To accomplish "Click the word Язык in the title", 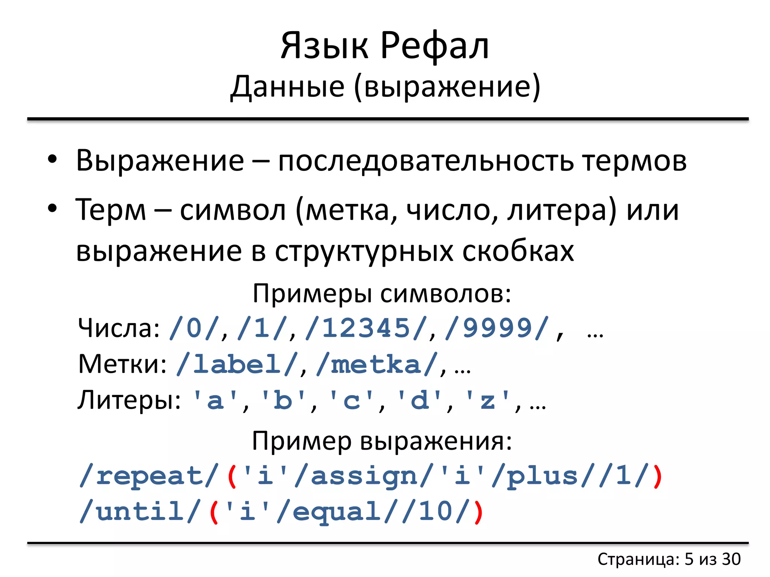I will coord(324,46).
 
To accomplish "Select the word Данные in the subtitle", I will coord(287,86).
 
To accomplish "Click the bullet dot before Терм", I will coord(52,208).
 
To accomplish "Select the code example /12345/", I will coord(366,328).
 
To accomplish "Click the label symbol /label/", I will coord(237,364).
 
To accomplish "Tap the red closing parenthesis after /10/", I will coord(478,512).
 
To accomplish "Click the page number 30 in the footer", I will coord(731,559).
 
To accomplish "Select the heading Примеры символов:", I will coord(382,293).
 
